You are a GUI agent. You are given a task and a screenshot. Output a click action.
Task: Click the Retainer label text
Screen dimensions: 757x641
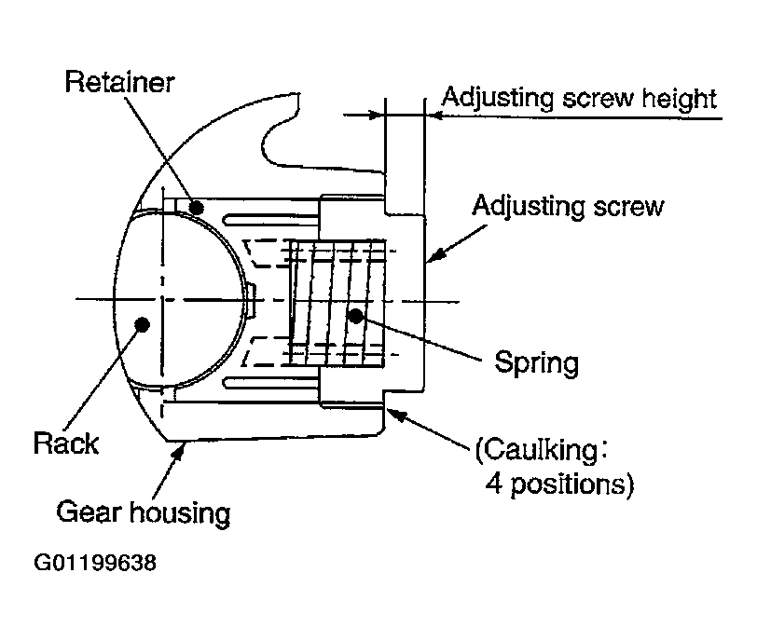coord(119,82)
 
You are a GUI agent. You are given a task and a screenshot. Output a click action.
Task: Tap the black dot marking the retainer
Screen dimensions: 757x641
coord(196,208)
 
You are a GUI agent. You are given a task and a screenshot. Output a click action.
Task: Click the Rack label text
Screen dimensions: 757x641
coord(66,443)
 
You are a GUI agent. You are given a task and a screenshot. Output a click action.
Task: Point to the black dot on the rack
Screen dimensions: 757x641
coord(142,323)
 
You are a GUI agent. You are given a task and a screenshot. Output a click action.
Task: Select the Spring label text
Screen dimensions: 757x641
coord(536,363)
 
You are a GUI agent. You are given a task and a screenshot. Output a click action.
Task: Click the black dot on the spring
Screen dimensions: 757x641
coord(356,317)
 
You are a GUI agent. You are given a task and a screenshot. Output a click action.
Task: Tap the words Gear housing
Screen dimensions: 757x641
coord(144,512)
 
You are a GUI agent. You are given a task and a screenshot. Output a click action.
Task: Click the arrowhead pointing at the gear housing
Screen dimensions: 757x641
coord(180,451)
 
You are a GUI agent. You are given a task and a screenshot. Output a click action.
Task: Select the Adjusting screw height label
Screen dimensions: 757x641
coord(579,99)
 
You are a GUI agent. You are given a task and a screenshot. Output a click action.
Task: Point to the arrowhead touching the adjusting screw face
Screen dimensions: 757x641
coord(434,255)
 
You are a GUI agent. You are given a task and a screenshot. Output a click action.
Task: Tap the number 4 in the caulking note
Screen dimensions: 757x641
coord(494,483)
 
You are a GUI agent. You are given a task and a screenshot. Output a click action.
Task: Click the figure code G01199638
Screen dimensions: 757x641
coord(95,563)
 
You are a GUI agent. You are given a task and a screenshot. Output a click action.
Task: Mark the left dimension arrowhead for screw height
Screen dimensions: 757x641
coord(375,116)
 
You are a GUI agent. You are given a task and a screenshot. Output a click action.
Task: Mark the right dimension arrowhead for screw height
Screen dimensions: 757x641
coord(434,116)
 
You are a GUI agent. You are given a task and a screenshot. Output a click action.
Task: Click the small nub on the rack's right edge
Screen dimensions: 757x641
coord(252,301)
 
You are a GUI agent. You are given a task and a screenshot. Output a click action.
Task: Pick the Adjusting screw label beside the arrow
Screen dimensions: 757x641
coord(568,207)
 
